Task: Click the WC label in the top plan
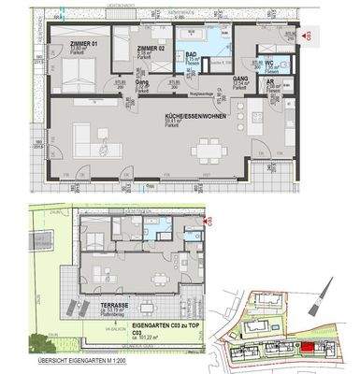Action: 267,64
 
